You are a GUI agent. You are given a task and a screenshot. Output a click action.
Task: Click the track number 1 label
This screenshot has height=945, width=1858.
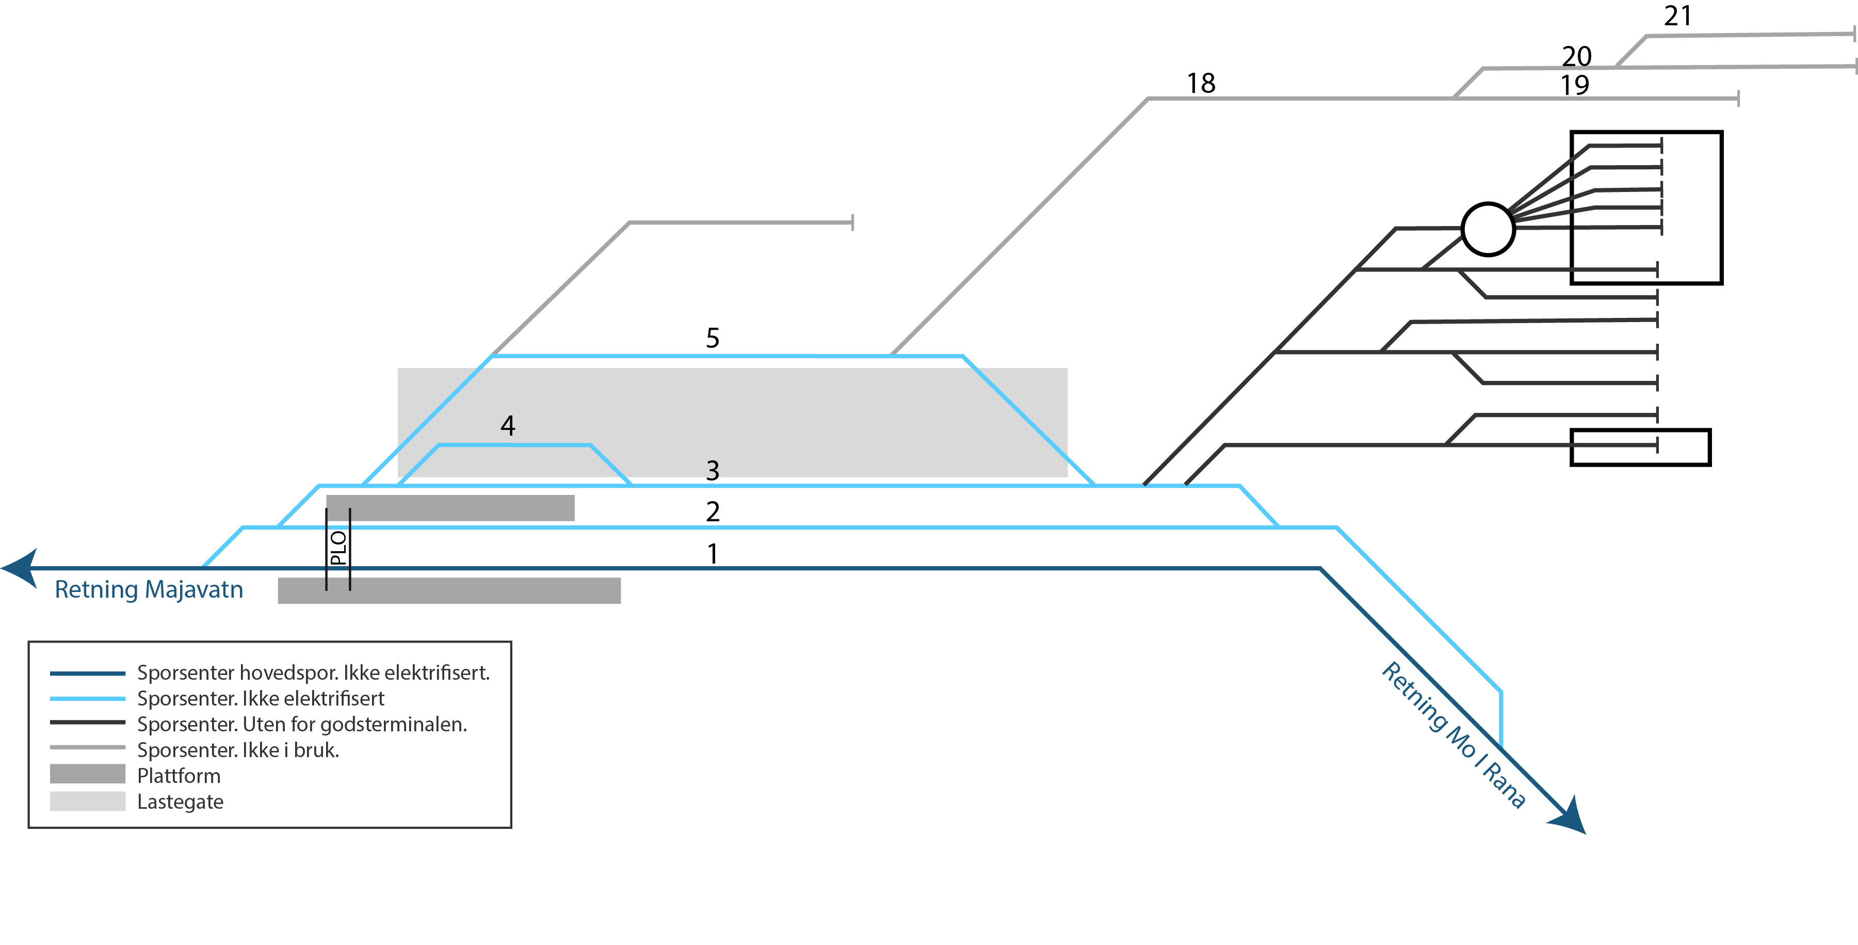pyautogui.click(x=713, y=554)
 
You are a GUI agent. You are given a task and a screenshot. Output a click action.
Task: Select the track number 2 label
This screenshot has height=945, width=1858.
pyautogui.click(x=713, y=511)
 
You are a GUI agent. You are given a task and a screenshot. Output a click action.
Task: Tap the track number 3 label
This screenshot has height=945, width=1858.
pyautogui.click(x=713, y=470)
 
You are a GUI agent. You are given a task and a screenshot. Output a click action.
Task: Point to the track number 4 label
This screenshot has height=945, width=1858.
pyautogui.click(x=508, y=426)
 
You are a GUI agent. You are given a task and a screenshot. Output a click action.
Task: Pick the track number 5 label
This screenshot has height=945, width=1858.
pyautogui.click(x=713, y=338)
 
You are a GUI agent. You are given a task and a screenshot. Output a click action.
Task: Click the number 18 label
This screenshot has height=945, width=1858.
pyautogui.click(x=1201, y=84)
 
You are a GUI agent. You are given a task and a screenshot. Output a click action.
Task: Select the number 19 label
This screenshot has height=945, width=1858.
pyautogui.click(x=1575, y=85)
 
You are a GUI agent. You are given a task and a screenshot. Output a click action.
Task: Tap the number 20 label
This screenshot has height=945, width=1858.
pyautogui.click(x=1577, y=56)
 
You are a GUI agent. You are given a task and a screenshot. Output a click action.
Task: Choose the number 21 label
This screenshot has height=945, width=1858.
pyautogui.click(x=1678, y=16)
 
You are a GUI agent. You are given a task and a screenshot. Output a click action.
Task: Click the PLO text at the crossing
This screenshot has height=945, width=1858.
pyautogui.click(x=338, y=548)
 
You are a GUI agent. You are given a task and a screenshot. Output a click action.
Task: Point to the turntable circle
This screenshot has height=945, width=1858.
pyautogui.click(x=1487, y=229)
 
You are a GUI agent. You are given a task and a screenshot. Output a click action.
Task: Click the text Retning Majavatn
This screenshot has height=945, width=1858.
pyautogui.click(x=149, y=589)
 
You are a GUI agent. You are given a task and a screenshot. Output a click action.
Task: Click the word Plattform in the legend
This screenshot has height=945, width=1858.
pyautogui.click(x=179, y=776)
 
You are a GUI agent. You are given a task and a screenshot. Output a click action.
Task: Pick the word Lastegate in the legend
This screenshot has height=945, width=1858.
pyautogui.click(x=180, y=802)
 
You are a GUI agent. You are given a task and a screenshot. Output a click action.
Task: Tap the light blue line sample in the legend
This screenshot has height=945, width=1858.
pyautogui.click(x=87, y=698)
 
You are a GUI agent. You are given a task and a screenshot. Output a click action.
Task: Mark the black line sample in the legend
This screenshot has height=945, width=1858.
pyautogui.click(x=87, y=722)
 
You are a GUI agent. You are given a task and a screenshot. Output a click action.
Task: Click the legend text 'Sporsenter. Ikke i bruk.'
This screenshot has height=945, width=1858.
pyautogui.click(x=238, y=750)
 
